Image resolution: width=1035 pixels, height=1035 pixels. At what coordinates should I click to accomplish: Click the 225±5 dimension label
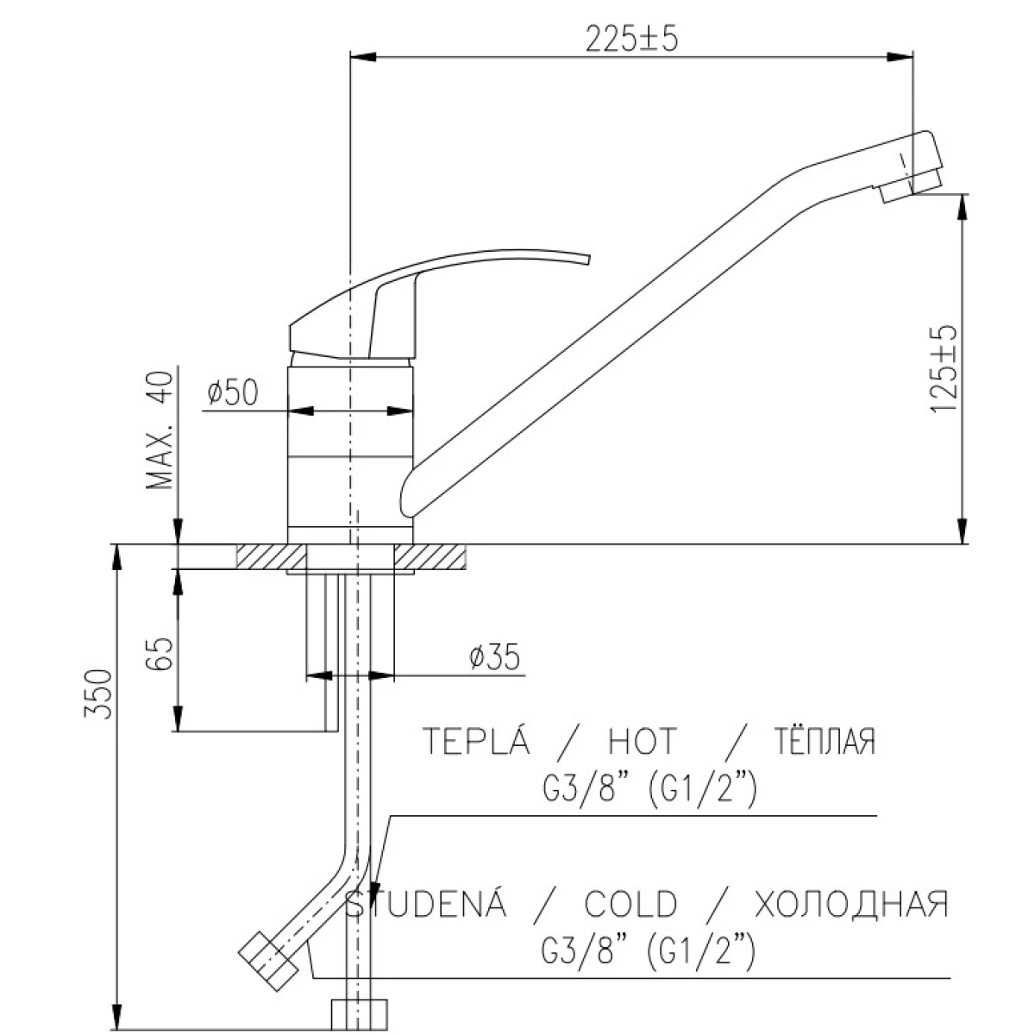(631, 39)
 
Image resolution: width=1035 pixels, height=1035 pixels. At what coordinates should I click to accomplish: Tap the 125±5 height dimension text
(944, 368)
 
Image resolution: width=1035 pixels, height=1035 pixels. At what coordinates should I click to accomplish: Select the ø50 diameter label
(233, 392)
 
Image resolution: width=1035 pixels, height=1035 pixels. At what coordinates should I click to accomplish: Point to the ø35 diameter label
(495, 657)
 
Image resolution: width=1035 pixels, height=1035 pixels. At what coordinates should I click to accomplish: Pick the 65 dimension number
(160, 653)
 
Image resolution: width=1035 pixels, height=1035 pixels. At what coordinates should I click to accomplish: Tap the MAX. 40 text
(160, 430)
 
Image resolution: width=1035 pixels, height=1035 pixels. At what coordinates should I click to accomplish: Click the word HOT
(643, 742)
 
